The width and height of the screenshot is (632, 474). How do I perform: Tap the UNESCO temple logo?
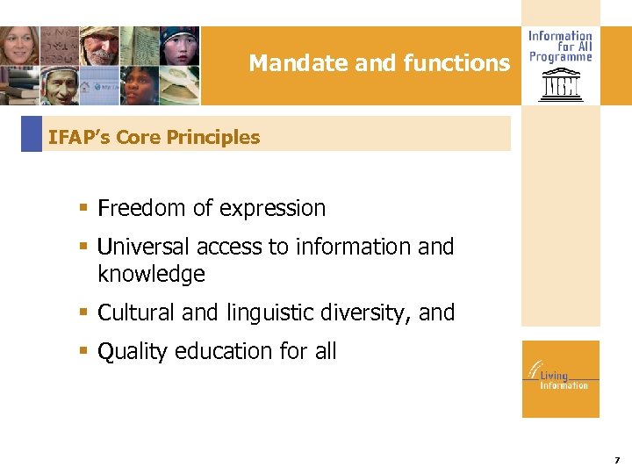coord(559,87)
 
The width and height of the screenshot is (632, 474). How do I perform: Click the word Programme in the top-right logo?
coord(560,57)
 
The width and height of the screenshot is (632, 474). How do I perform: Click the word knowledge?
coord(151,274)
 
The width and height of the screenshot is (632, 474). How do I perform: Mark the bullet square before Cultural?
coord(83,312)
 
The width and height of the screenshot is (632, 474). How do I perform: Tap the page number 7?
coord(617,460)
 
